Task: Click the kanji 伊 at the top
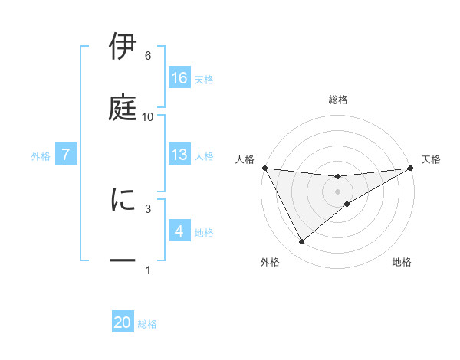tap(123, 47)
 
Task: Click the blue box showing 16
tap(179, 77)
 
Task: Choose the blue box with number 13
tap(179, 155)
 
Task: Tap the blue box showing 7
tap(66, 155)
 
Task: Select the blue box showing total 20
tap(123, 322)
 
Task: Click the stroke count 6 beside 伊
tap(147, 56)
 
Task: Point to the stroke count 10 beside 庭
tap(147, 117)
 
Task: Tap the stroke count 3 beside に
tap(147, 208)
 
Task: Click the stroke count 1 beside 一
tap(147, 270)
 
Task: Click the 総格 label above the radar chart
tap(338, 100)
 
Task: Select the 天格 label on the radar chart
tap(432, 159)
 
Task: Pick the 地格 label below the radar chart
tap(402, 262)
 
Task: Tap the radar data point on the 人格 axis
tap(264, 168)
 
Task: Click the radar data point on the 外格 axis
tap(301, 242)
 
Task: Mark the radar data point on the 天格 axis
tap(411, 168)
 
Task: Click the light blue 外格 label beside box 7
tap(41, 155)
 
